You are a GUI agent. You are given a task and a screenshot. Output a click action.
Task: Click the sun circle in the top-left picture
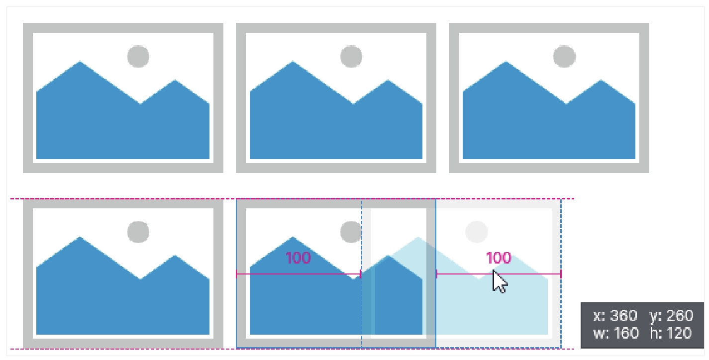pos(138,56)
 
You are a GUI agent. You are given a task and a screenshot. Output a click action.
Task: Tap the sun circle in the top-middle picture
pos(351,56)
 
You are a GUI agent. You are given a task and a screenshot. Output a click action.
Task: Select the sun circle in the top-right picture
pos(564,56)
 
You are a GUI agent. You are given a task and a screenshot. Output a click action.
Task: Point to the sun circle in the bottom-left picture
pos(138,232)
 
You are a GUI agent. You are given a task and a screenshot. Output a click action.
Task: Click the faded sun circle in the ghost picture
pos(477,232)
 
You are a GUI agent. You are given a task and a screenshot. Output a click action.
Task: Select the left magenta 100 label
pos(298,258)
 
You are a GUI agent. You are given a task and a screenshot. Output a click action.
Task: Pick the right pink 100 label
pos(498,258)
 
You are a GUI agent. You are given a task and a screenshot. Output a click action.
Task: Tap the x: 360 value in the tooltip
pos(615,316)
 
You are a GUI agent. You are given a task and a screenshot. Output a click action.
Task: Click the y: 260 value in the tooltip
pos(671,316)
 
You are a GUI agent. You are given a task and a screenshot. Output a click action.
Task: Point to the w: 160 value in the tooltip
pos(615,333)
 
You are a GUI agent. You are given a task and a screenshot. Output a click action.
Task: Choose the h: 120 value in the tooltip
pos(671,333)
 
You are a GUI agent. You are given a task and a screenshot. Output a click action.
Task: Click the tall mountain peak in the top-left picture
pos(80,65)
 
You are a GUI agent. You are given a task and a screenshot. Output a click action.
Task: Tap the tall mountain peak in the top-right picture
pos(506,65)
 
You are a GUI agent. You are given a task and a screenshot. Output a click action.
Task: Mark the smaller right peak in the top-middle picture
pos(388,83)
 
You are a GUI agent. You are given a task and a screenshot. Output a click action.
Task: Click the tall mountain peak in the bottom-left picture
pos(80,240)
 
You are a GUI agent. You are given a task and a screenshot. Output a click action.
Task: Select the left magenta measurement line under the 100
pos(298,274)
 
